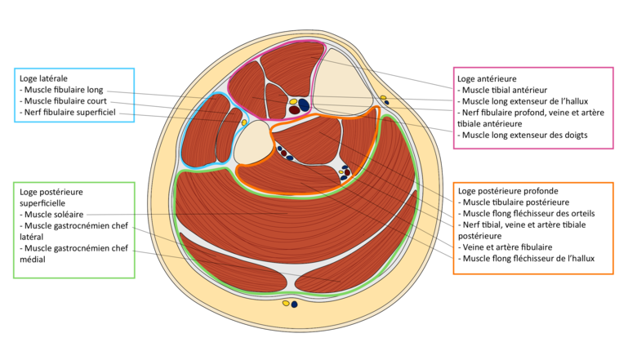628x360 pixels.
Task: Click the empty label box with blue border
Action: point(73,95)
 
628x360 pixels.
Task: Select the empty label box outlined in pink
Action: point(533,108)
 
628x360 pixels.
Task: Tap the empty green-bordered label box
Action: point(73,229)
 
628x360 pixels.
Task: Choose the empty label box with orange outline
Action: point(533,229)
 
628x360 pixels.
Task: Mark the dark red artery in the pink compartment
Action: point(294,110)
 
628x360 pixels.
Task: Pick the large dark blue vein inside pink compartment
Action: point(304,104)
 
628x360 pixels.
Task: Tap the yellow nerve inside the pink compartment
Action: point(293,102)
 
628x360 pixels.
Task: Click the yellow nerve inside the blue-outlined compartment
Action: point(243,122)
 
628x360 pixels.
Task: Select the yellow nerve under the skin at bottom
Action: point(286,303)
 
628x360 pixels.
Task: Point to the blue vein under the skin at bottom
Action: point(294,304)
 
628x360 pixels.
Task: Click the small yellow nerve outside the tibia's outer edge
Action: point(383,98)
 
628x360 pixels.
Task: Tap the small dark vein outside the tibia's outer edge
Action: point(386,103)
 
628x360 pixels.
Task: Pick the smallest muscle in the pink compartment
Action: point(275,100)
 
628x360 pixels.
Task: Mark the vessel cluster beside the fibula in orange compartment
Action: point(283,153)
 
